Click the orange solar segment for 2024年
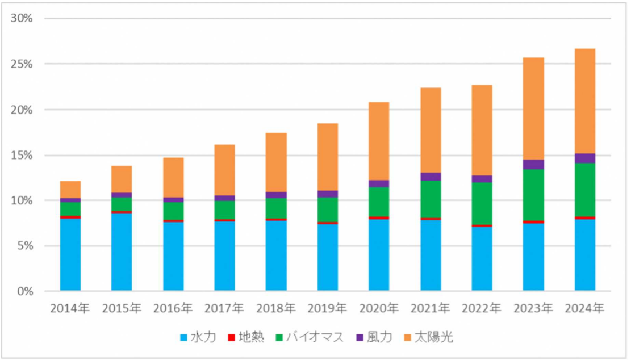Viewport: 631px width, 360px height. click(x=585, y=101)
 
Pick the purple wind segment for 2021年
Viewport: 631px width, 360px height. click(x=431, y=177)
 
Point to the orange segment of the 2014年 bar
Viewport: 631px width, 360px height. click(x=70, y=190)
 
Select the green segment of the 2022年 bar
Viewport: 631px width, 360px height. click(x=482, y=203)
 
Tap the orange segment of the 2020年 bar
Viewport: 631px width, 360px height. click(x=379, y=141)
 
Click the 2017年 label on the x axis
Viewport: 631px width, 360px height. click(x=224, y=309)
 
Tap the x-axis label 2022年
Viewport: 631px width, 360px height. click(x=482, y=309)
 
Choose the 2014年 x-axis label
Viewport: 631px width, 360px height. click(x=70, y=309)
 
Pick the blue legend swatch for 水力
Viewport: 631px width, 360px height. click(x=183, y=338)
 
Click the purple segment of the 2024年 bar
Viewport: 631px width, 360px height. click(x=585, y=158)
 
